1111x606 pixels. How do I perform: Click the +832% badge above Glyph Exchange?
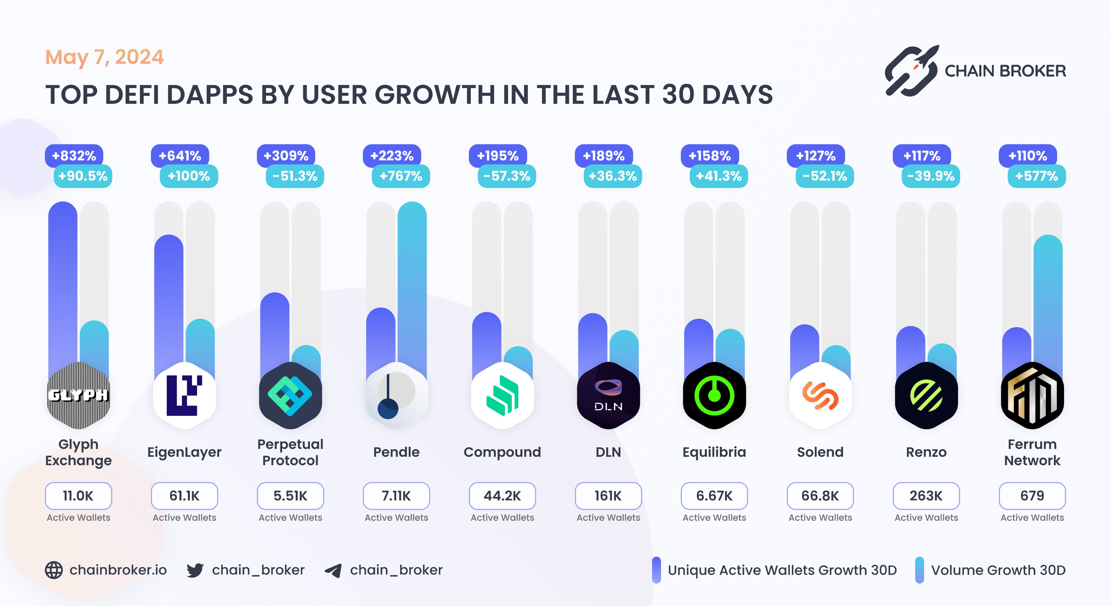[x=74, y=156]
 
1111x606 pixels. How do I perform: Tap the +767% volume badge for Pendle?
[x=401, y=176]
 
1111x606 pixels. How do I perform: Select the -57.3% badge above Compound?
[x=507, y=176]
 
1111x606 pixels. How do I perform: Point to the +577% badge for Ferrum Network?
[x=1036, y=176]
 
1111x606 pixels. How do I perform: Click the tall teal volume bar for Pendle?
[x=412, y=280]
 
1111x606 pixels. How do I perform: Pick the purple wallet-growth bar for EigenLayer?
[x=169, y=298]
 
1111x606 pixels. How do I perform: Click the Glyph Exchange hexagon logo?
[x=78, y=395]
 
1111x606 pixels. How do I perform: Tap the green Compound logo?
[x=502, y=395]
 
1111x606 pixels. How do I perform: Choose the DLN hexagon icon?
[x=608, y=395]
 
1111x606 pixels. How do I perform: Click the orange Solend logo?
[x=820, y=395]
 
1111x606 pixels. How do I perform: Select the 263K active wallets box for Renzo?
[x=926, y=496]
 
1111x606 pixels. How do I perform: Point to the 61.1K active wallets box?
[x=184, y=496]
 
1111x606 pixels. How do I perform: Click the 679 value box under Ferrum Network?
[x=1032, y=496]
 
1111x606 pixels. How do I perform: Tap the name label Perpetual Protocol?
[x=290, y=452]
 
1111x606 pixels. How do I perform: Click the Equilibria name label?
[x=714, y=452]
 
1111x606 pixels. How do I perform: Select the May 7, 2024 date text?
[x=104, y=57]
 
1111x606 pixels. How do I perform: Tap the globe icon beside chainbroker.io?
[x=54, y=570]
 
